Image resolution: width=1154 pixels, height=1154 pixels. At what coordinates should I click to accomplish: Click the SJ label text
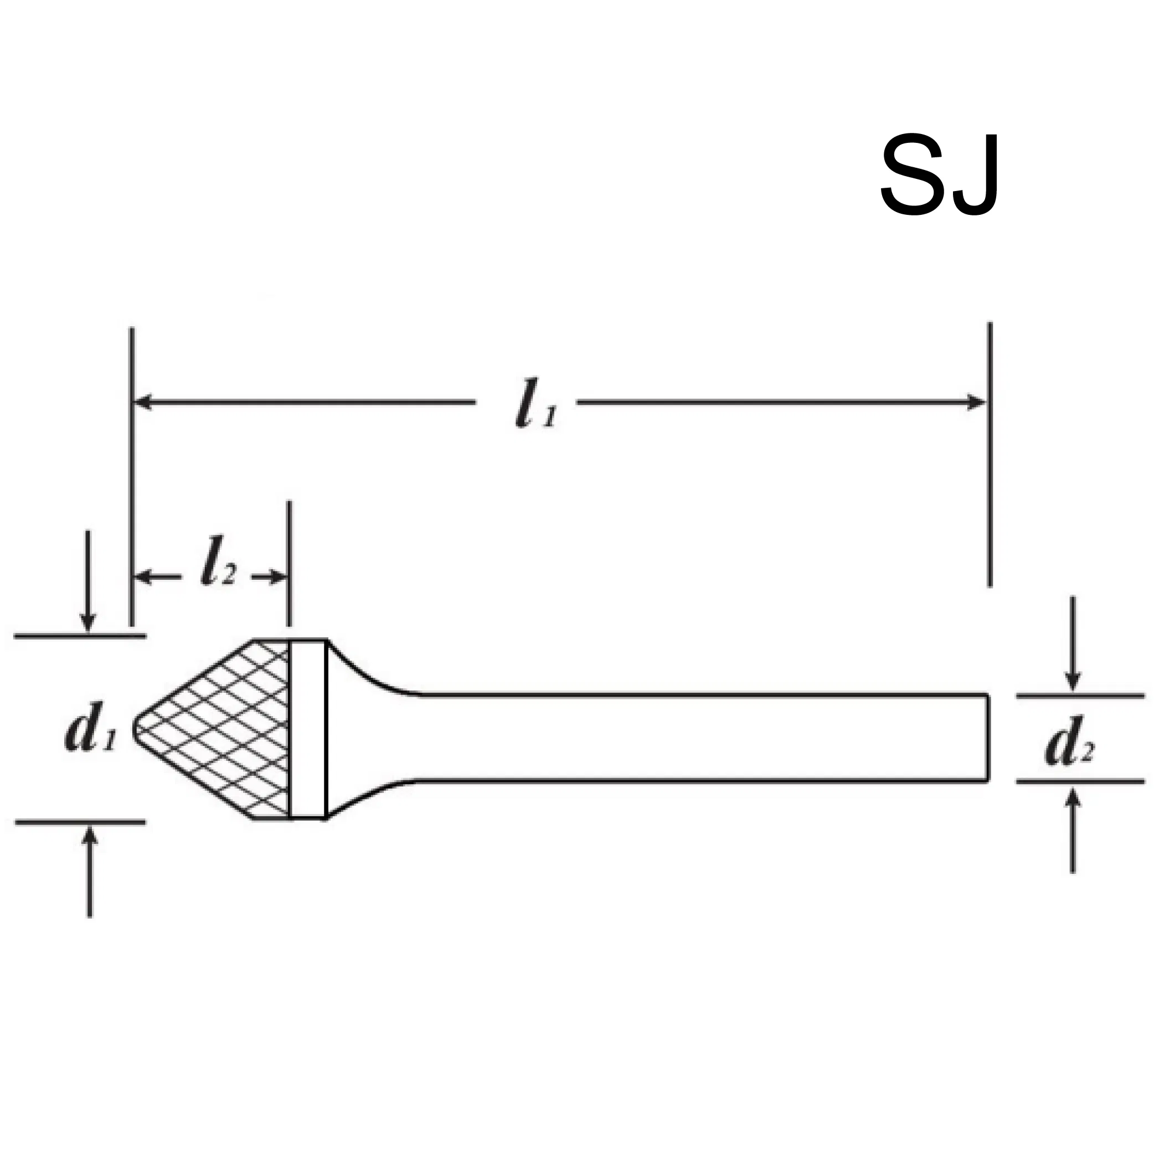[x=939, y=175]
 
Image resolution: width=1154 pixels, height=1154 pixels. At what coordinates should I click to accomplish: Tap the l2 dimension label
[x=218, y=561]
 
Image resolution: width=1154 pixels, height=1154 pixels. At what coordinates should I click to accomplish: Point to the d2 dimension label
[x=1069, y=746]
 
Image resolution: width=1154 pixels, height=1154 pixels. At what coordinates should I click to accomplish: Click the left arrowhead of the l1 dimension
[x=141, y=402]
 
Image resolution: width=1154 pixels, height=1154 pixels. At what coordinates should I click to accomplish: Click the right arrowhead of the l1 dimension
[x=977, y=402]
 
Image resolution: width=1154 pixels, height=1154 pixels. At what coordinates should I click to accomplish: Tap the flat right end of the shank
[x=987, y=738]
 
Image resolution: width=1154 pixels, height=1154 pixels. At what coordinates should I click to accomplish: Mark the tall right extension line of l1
[x=990, y=454]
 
